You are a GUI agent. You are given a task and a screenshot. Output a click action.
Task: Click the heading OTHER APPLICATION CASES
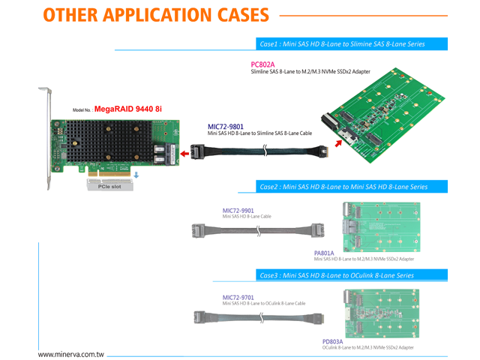[155, 14]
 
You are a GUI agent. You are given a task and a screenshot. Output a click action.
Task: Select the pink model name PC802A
[262, 64]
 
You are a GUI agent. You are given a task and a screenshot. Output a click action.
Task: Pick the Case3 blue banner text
[336, 275]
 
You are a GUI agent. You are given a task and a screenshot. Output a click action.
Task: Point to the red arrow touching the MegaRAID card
[184, 155]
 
